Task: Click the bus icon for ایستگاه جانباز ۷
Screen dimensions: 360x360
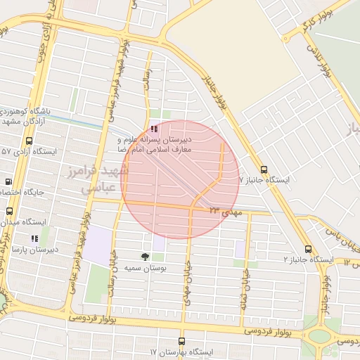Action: [x=264, y=169]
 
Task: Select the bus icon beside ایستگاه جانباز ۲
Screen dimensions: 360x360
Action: [x=308, y=250]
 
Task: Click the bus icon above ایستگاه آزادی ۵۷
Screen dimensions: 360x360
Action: [x=29, y=141]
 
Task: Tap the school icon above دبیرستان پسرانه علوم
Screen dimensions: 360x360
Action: [x=154, y=129]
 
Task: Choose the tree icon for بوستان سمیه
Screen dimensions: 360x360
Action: [x=145, y=257]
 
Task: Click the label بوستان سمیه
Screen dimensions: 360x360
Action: [x=146, y=268]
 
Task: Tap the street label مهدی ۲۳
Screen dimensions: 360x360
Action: [x=224, y=210]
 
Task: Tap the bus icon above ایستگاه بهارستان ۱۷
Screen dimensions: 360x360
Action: [x=181, y=340]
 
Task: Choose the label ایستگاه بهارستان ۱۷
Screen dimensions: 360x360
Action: [x=181, y=351]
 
